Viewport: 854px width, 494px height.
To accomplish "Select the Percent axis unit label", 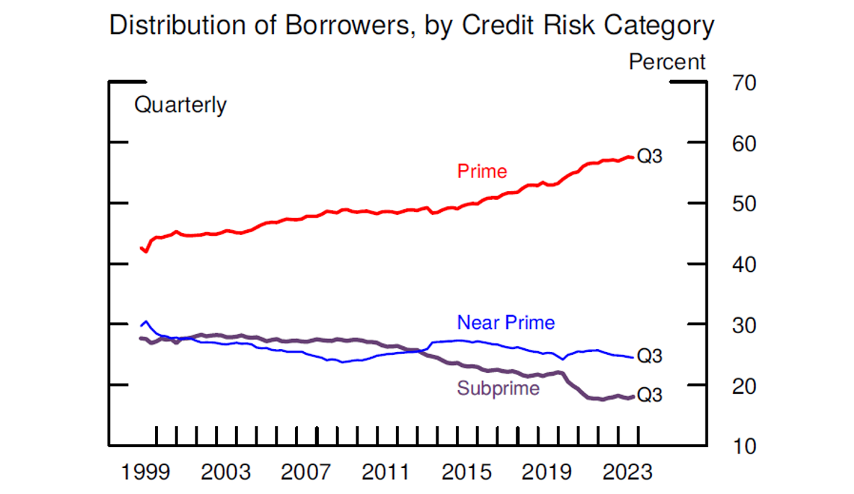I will point(667,62).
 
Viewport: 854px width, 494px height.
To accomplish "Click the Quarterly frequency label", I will point(180,105).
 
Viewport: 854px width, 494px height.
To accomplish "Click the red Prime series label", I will point(482,172).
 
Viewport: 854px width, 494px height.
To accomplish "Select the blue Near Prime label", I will point(506,322).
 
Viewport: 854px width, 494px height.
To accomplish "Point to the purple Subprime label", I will point(498,389).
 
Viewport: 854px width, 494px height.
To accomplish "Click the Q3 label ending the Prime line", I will point(650,156).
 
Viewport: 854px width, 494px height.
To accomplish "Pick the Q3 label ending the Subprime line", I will point(650,395).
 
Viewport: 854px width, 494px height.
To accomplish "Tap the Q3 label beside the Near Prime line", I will point(650,356).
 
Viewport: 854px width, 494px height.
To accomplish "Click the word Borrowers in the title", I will point(325,26).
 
